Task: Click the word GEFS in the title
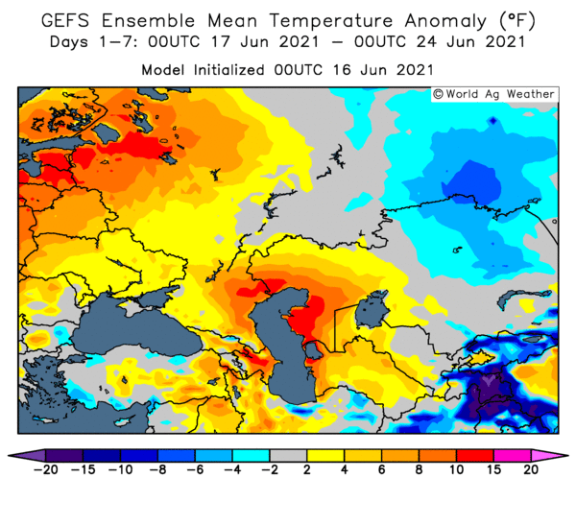tap(65, 20)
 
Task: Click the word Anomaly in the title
tap(445, 21)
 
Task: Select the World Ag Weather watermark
tap(494, 94)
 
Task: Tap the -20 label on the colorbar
tap(45, 469)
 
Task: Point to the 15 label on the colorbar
tap(493, 469)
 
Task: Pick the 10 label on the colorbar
tap(456, 469)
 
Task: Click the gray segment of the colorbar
tap(288, 456)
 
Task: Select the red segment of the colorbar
tap(475, 456)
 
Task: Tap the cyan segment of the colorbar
tap(251, 456)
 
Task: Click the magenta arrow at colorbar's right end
tap(549, 456)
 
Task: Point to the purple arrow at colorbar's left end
tap(27, 456)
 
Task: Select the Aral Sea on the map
tap(371, 308)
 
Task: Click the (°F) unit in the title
tap(516, 21)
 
